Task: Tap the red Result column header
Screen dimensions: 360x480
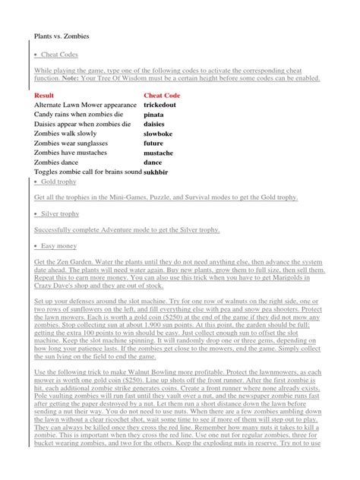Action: [46, 95]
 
